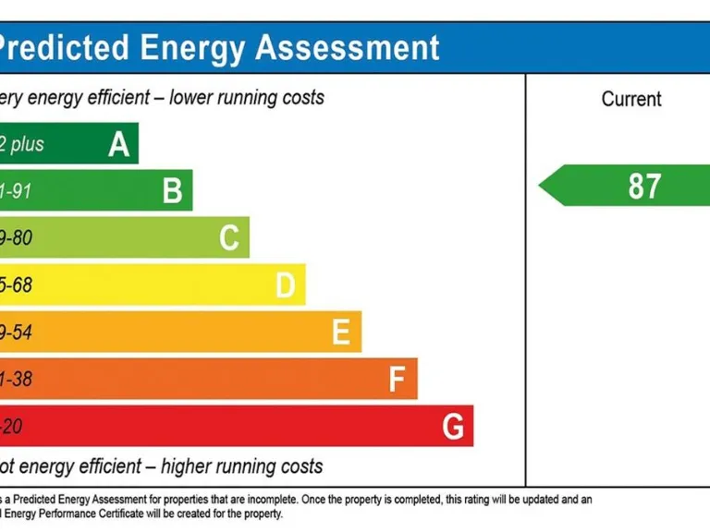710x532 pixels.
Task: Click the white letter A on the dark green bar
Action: coord(118,144)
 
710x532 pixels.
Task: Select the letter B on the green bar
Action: coord(173,191)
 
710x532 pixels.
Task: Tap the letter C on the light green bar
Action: coord(229,238)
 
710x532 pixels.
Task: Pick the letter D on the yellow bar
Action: coord(286,285)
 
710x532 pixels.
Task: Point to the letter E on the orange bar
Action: coord(341,332)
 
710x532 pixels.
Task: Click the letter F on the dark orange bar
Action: coord(398,380)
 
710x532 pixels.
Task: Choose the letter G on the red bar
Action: coord(453,427)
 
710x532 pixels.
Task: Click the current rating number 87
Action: coord(644,186)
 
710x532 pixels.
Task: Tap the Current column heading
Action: coord(631,99)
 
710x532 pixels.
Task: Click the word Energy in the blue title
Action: coord(190,47)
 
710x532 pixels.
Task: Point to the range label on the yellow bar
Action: coord(16,285)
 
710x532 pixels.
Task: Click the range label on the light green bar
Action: coord(16,238)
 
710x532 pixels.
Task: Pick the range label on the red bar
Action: coord(11,427)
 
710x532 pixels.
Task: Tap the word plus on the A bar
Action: coord(28,145)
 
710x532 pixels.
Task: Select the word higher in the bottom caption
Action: coord(190,465)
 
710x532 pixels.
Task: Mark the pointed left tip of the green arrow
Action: coord(540,186)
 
